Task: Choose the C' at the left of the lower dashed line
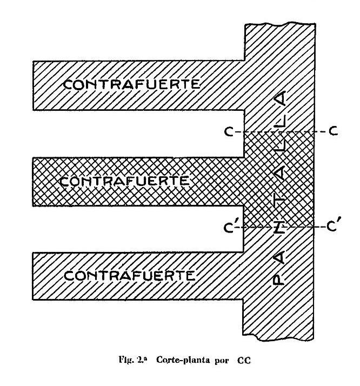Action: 232,227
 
